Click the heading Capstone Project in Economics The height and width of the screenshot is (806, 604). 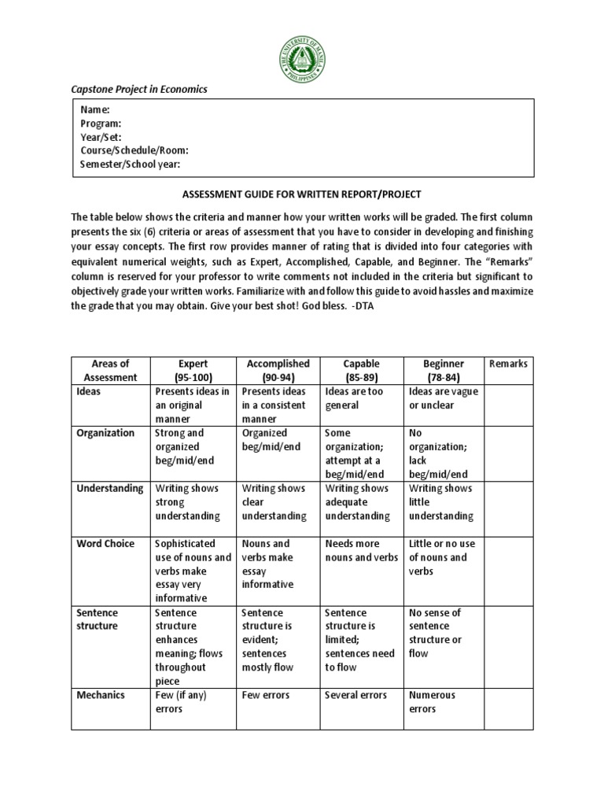[139, 90]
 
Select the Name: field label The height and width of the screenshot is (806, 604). [95, 110]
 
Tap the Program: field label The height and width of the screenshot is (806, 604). [101, 124]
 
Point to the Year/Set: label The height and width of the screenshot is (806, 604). [101, 137]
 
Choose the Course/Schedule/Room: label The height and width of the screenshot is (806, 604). [134, 150]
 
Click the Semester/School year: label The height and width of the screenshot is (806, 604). [131, 164]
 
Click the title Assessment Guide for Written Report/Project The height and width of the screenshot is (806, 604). [302, 194]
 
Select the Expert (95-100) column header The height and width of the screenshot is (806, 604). [193, 370]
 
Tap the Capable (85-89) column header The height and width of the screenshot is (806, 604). [362, 370]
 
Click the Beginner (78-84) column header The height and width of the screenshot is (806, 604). [444, 370]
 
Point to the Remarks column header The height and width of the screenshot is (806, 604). [508, 364]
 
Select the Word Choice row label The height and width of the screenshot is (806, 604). [105, 544]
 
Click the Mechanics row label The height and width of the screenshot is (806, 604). [101, 695]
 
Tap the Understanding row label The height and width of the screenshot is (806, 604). [111, 488]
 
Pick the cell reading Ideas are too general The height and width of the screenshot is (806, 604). [353, 398]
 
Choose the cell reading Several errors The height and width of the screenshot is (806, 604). [356, 695]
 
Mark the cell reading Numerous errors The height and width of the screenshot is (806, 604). [432, 702]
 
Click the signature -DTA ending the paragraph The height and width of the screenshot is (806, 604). [364, 306]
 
